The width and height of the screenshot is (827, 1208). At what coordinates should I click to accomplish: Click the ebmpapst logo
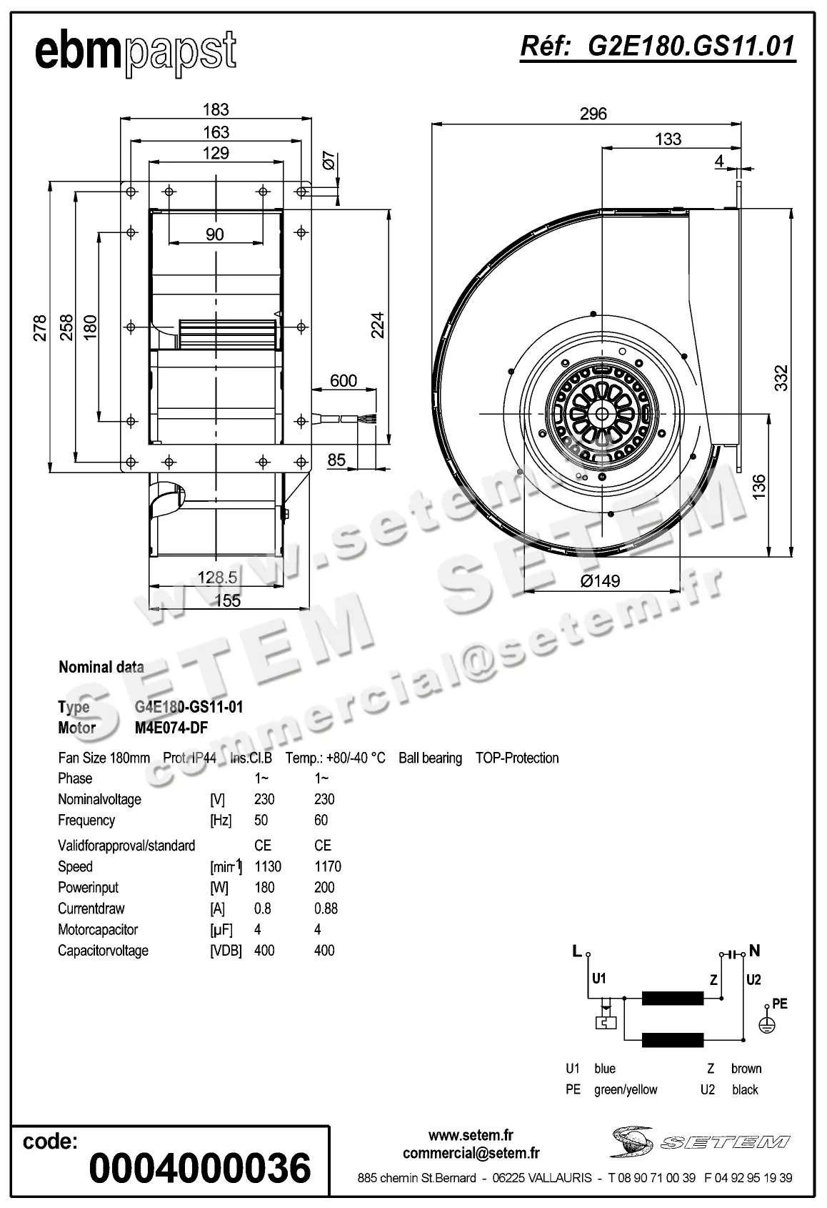[136, 51]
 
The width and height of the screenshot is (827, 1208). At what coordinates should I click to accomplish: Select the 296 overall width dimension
[593, 114]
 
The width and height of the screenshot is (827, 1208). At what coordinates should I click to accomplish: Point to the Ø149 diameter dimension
[600, 580]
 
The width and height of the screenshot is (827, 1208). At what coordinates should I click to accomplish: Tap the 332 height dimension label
[781, 377]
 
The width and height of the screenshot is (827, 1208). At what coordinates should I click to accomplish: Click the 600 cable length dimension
[344, 380]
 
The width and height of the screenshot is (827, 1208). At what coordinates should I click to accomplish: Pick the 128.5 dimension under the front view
[217, 577]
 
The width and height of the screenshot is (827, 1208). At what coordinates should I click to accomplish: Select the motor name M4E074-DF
[171, 728]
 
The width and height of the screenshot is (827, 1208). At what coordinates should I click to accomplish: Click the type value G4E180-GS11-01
[189, 707]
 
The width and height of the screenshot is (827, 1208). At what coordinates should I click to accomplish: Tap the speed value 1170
[328, 866]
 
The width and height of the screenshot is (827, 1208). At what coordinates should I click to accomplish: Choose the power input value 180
[264, 887]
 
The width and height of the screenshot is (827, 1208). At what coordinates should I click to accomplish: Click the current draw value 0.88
[326, 909]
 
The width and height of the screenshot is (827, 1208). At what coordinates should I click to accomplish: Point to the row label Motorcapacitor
[98, 929]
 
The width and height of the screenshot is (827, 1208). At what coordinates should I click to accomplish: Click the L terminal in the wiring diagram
[577, 951]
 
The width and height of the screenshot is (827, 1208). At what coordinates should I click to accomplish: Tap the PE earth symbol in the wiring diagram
[766, 1024]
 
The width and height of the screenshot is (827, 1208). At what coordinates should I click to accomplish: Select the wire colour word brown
[746, 1069]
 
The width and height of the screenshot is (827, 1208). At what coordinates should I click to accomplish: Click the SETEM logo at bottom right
[700, 1142]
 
